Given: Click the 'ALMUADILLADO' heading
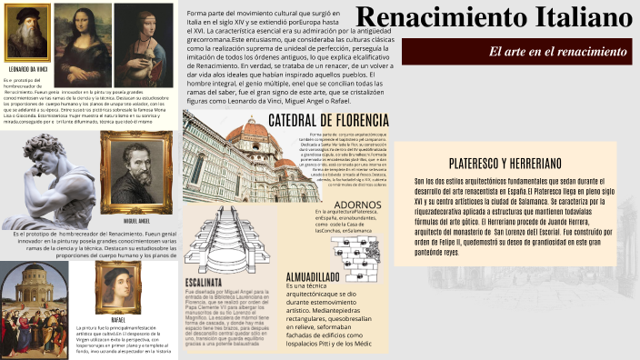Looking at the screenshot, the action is point(314,276).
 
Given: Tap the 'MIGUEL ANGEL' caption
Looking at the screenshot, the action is point(136,221).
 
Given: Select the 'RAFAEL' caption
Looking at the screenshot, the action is point(118,321).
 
